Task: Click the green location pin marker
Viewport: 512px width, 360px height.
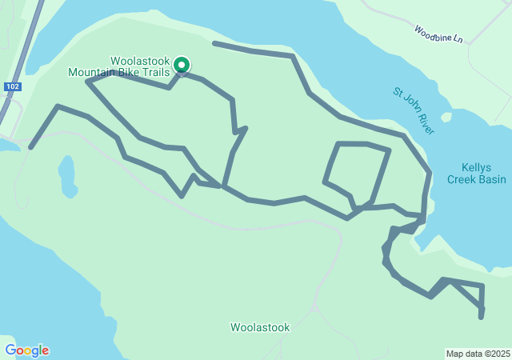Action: tap(182, 65)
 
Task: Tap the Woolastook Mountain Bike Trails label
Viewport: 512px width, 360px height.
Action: tap(119, 66)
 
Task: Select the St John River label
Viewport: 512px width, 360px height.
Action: tap(414, 111)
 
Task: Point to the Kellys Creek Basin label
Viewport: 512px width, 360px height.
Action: tap(483, 174)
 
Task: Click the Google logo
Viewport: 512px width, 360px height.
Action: tap(26, 350)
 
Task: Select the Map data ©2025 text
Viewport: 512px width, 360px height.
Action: tap(477, 354)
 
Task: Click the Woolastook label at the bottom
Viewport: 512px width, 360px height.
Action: tap(260, 327)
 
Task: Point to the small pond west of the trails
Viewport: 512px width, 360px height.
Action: tap(66, 175)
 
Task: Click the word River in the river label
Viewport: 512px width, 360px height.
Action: tap(425, 123)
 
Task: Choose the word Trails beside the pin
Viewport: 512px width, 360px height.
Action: tap(157, 72)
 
